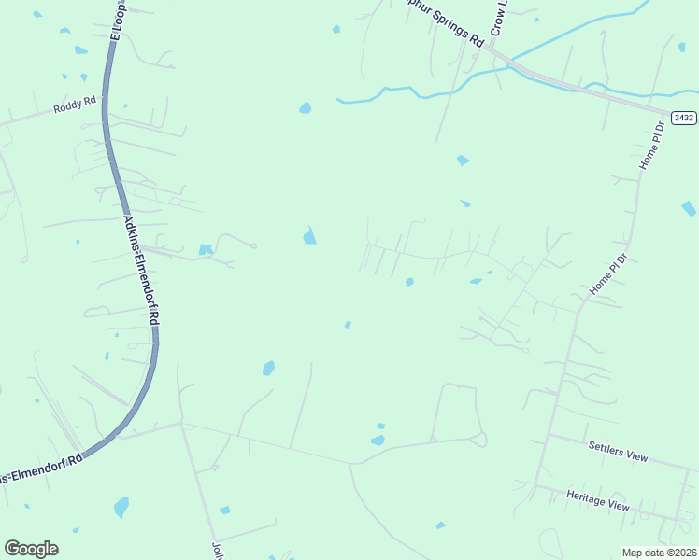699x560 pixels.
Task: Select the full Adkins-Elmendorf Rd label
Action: click(x=142, y=270)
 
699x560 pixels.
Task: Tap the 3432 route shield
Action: click(x=684, y=118)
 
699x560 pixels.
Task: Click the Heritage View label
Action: click(x=598, y=498)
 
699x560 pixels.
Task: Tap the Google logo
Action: click(x=31, y=549)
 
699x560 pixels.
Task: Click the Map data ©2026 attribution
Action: click(x=659, y=553)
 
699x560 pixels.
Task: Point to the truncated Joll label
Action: click(x=218, y=551)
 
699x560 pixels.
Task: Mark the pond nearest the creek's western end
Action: click(x=305, y=108)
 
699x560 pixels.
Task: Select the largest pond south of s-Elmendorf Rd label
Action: click(x=121, y=507)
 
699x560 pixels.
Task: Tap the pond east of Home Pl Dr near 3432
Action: click(x=689, y=208)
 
